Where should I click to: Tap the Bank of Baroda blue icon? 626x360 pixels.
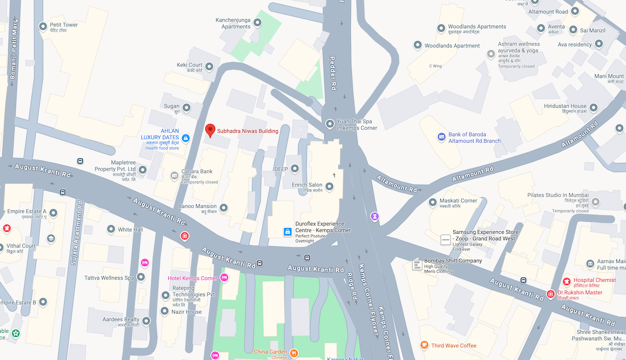[x=442, y=137]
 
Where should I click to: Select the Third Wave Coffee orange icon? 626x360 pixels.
[x=425, y=345]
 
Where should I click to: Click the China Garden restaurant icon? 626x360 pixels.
[x=294, y=352]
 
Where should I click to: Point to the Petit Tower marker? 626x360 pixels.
[x=43, y=26]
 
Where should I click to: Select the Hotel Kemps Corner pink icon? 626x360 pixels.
[x=224, y=278]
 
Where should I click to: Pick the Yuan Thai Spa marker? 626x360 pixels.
[x=330, y=124]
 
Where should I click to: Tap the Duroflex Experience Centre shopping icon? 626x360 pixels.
[x=288, y=232]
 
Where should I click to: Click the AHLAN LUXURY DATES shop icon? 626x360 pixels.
[x=185, y=138]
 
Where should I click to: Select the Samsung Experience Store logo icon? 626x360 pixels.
[x=446, y=239]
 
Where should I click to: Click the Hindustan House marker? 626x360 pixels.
[x=594, y=108]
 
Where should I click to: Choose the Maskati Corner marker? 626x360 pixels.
[x=433, y=202]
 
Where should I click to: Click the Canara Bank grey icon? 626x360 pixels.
[x=175, y=176]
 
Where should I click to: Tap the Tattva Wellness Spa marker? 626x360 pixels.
[x=141, y=278]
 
